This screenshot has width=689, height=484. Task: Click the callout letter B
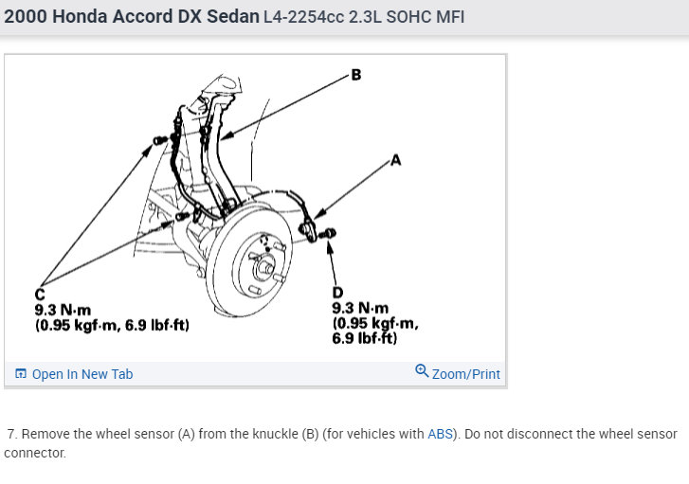click(356, 75)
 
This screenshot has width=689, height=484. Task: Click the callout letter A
click(395, 160)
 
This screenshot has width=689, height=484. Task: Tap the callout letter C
click(40, 294)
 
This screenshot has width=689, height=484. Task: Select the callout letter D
click(337, 292)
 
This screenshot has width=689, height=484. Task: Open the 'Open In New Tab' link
click(82, 374)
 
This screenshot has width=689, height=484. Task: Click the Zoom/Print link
click(465, 374)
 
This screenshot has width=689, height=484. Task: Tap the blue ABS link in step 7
click(440, 434)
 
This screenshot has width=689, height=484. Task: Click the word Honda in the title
click(80, 17)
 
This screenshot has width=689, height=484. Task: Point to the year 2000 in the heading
click(25, 17)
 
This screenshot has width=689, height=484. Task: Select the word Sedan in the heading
click(233, 17)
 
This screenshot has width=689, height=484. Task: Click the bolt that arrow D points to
click(328, 233)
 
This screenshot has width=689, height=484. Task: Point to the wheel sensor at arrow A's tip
click(308, 229)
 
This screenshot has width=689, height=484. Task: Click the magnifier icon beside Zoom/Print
click(422, 371)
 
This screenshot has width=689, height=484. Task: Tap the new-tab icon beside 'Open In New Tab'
click(21, 374)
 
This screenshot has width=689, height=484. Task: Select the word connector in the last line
click(35, 453)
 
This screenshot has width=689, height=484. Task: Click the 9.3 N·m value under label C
click(63, 310)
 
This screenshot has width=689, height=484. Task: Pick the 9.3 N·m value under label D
click(360, 308)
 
